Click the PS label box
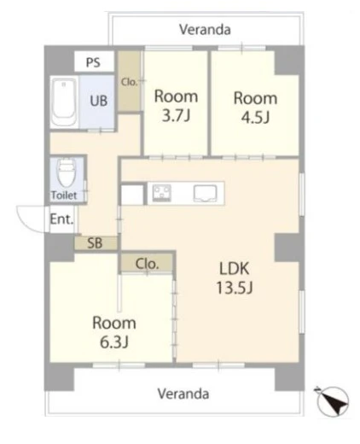point(94,61)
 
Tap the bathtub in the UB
point(65,102)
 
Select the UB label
point(99,101)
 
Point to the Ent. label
point(61,219)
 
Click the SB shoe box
point(96,243)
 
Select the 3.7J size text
point(176,115)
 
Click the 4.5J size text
point(255,117)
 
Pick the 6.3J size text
point(114,342)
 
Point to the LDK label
point(235,268)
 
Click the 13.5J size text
point(235,288)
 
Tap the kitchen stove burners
point(161,193)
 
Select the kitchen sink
point(205,193)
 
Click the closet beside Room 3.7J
point(130,81)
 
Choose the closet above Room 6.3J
point(147,263)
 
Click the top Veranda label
point(205,30)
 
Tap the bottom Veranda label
point(183,394)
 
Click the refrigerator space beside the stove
point(132,195)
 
